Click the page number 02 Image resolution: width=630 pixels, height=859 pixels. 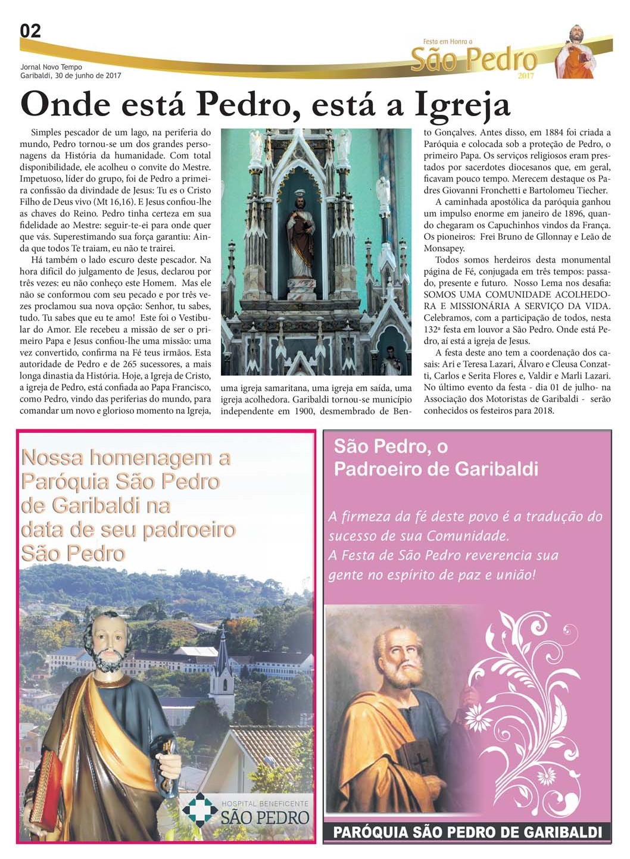[30, 31]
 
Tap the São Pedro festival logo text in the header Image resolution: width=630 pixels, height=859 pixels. [473, 60]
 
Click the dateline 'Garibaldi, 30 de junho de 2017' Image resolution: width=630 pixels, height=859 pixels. [70, 76]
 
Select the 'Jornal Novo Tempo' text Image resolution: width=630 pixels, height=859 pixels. [51, 67]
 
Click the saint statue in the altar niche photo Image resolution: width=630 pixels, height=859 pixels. [301, 238]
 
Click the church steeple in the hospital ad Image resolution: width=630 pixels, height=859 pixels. [223, 661]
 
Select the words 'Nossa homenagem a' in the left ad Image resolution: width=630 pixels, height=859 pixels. [126, 458]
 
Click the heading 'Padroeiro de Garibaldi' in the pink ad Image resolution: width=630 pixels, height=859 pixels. [436, 469]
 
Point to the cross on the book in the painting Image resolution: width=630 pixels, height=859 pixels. [420, 763]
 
